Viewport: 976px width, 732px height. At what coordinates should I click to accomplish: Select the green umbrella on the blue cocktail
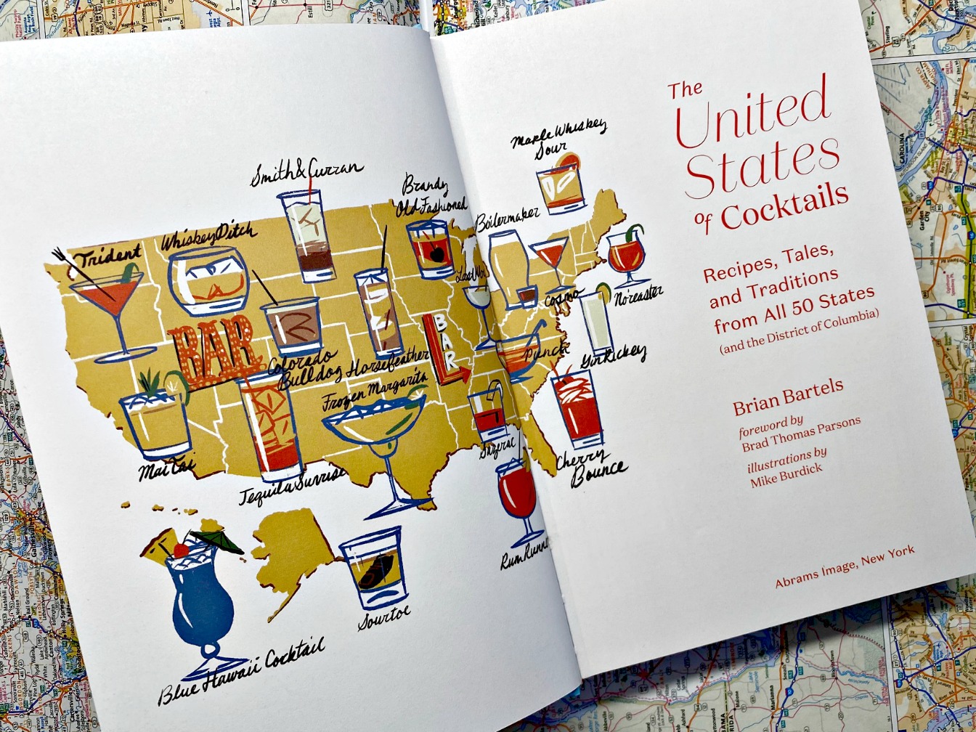point(217,540)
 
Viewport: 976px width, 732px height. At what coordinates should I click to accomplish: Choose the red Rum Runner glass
point(516,494)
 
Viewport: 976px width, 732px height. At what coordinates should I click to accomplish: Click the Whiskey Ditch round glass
point(208,280)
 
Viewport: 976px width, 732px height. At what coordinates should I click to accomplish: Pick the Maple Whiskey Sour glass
point(560,185)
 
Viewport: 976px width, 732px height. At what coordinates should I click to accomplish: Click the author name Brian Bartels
point(788,396)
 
